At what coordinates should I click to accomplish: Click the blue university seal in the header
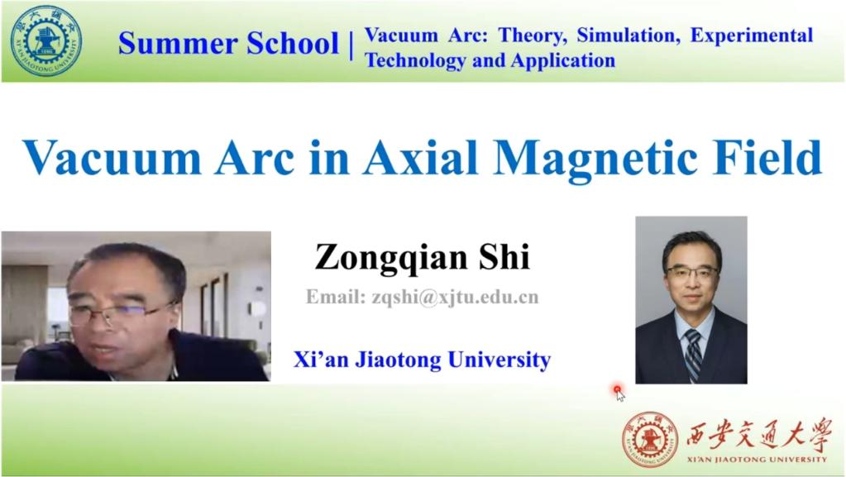45,41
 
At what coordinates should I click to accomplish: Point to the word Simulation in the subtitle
628,36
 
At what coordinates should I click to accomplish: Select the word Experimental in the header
752,36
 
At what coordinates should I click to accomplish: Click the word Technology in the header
415,60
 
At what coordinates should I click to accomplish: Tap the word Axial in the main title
420,157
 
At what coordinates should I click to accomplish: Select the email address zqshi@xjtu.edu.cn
455,297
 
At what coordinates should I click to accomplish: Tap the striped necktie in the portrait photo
693,355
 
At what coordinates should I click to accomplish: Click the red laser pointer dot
617,389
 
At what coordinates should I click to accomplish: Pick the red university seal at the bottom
650,439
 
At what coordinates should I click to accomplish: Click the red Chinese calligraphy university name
758,434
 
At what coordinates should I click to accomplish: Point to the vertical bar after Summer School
351,45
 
